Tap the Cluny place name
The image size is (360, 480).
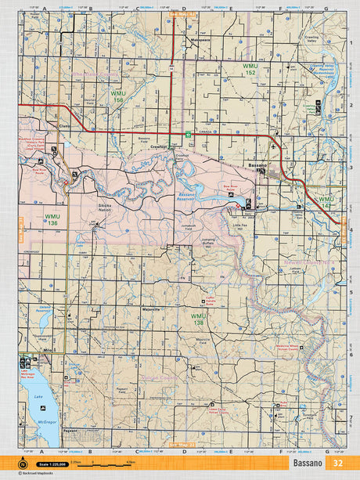tap(64, 125)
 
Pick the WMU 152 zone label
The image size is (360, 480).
tap(250, 67)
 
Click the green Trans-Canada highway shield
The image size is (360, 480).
tap(188, 135)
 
